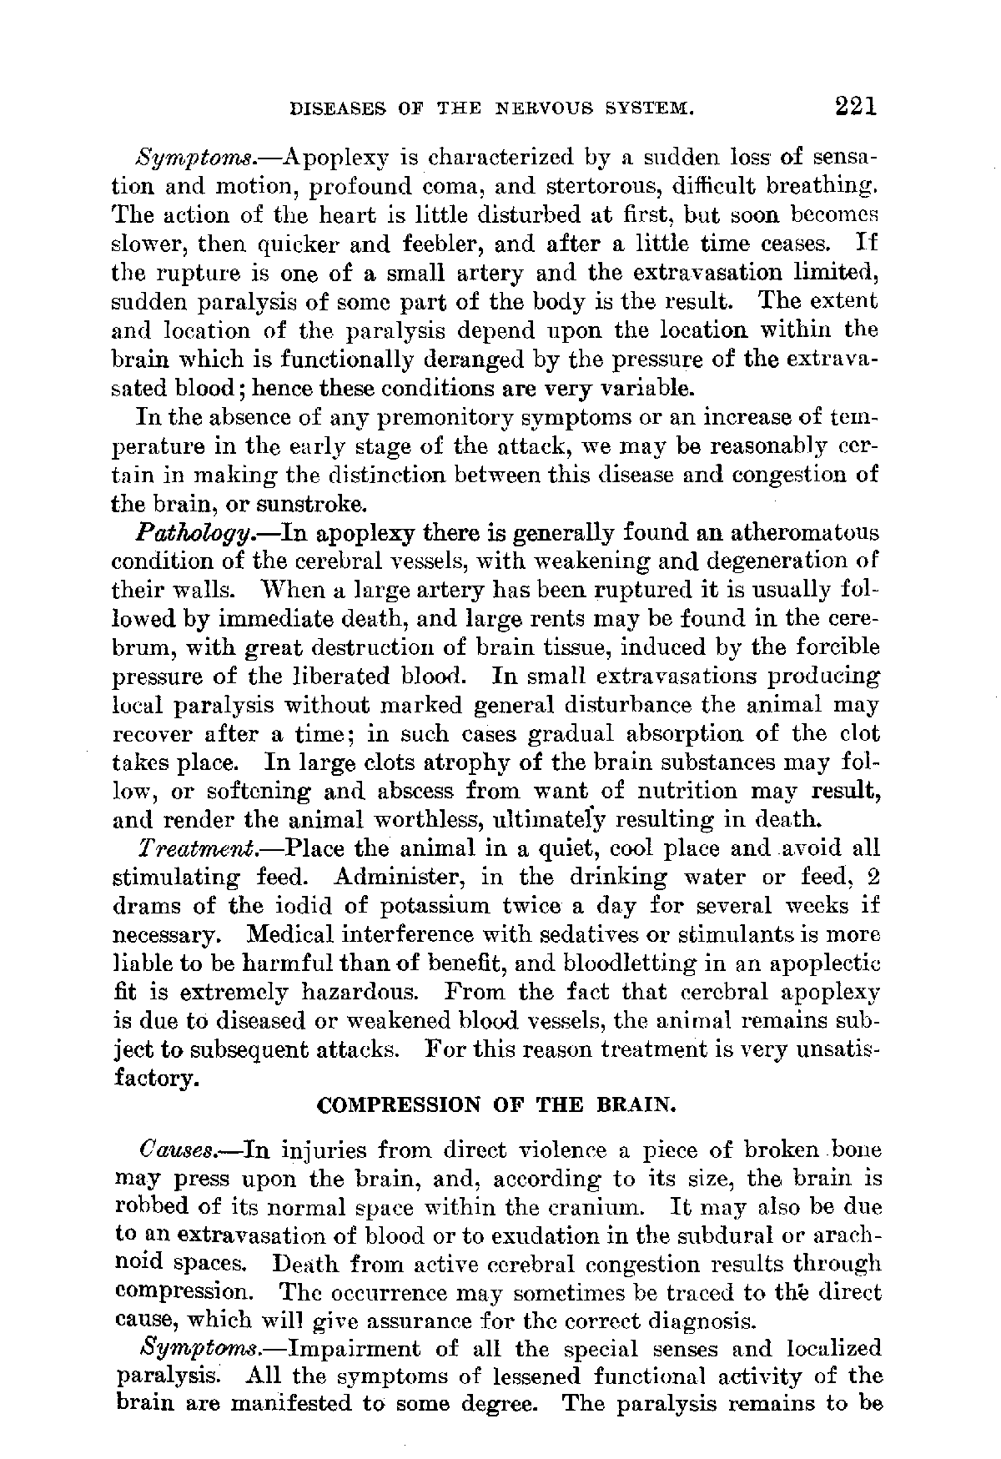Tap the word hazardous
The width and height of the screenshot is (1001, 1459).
coord(365,992)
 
